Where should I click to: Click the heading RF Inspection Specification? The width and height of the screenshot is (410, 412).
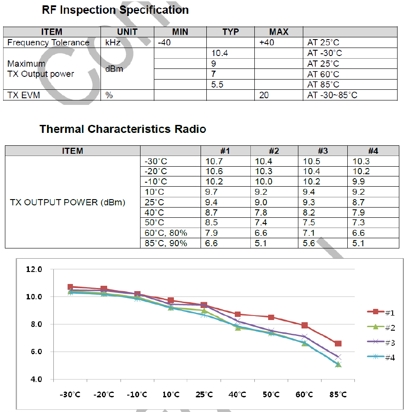(115, 10)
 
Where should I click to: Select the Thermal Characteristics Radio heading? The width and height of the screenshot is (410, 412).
(123, 129)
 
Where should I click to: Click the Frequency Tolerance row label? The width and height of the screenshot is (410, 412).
(48, 43)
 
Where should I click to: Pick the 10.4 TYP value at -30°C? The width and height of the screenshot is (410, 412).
(220, 53)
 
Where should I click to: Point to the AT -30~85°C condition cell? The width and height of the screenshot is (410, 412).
(332, 95)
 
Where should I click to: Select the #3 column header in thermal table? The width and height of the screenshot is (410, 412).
(323, 151)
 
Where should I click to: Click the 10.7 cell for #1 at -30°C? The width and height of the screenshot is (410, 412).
(214, 161)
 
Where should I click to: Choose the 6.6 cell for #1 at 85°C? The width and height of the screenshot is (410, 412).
(211, 243)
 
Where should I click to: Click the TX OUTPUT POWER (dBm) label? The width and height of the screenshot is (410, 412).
(68, 202)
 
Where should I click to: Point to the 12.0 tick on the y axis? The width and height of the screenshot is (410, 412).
(34, 269)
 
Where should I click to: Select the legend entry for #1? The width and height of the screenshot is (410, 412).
(381, 312)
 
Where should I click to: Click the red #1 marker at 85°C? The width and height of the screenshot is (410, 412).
(338, 344)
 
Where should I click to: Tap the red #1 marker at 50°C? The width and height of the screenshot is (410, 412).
(271, 317)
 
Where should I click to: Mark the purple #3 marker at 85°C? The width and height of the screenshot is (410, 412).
(338, 357)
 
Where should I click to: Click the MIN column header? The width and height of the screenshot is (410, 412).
(180, 32)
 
